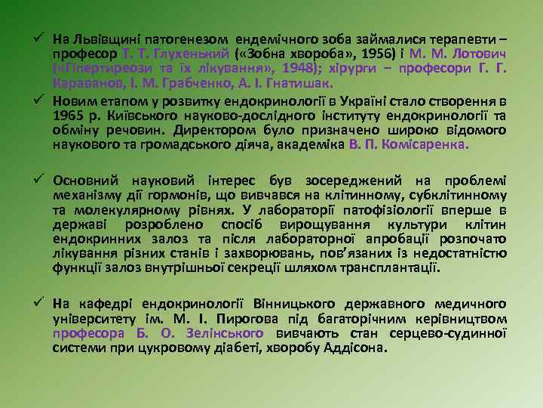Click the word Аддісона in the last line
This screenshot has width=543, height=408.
[x=357, y=348]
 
